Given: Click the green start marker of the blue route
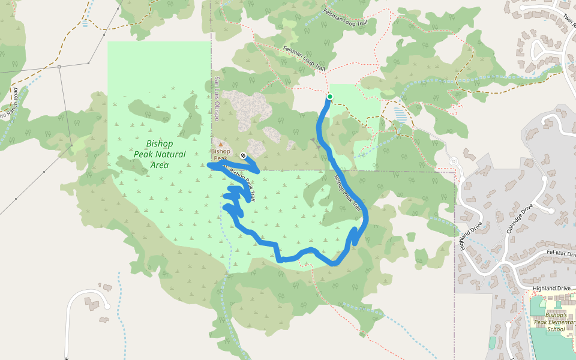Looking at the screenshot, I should pos(329,97).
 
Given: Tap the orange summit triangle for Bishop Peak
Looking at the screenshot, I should pos(220,144).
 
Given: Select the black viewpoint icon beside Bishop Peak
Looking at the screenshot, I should pos(242,155).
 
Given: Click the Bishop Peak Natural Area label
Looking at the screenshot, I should pos(160,154).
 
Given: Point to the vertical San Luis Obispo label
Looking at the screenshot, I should pos(217,98).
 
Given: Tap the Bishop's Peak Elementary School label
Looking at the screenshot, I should pos(556,322).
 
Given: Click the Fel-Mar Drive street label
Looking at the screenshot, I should pos(560,254).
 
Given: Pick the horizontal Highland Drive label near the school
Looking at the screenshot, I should pos(551,289).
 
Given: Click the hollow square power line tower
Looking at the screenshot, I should pos(59,67).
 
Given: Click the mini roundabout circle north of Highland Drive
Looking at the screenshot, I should pos(454,161).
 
